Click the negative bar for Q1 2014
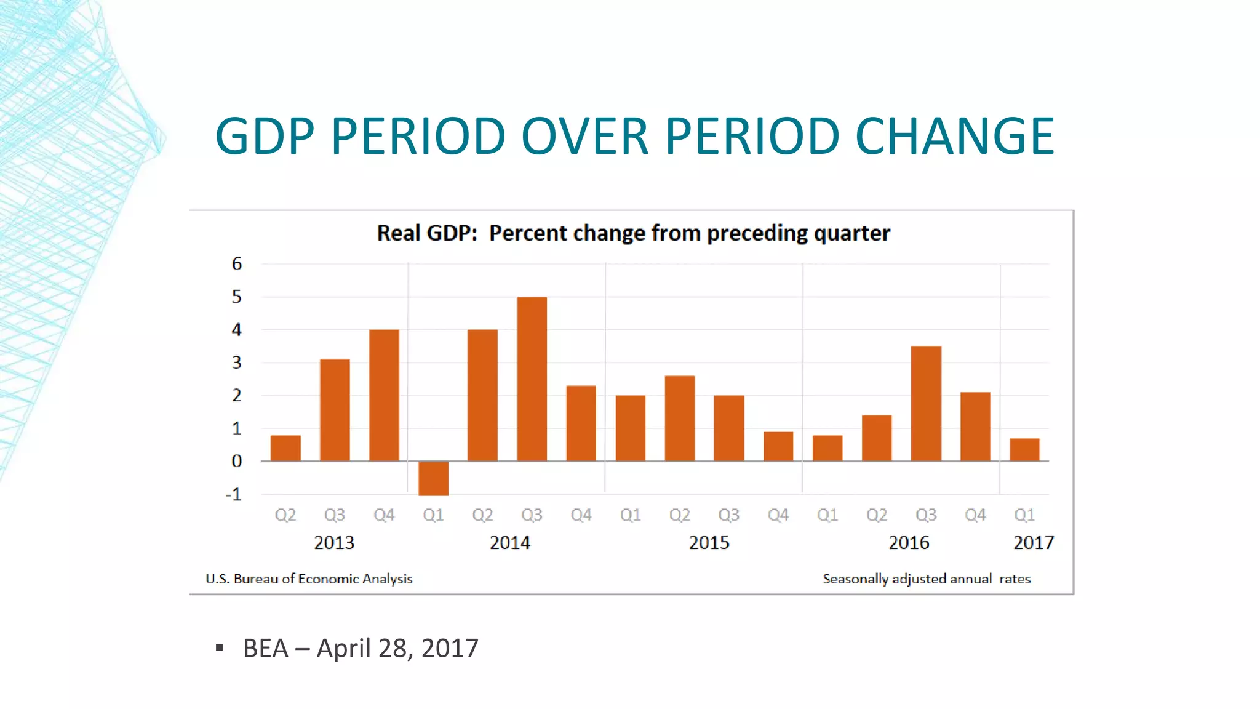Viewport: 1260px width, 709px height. tap(433, 478)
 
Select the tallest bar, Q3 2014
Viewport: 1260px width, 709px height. tap(532, 379)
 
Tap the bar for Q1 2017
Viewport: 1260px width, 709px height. tap(1024, 450)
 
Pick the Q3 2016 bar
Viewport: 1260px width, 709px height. tap(926, 404)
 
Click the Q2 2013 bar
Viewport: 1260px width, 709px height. tap(285, 448)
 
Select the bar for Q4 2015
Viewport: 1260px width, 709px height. tap(778, 446)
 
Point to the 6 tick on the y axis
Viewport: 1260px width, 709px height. tap(237, 264)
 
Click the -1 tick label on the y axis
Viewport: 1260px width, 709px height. tap(234, 494)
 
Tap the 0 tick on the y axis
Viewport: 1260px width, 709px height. tap(237, 461)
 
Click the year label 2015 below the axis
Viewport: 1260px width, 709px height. tap(709, 543)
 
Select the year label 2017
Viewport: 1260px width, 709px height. tap(1033, 543)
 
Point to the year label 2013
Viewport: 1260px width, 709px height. tap(334, 543)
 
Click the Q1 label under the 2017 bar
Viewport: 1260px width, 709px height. tap(1024, 515)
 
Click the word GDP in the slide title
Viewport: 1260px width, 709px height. tap(265, 136)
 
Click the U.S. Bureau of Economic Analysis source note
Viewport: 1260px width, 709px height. tap(309, 579)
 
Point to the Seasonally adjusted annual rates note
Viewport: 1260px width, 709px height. tap(926, 579)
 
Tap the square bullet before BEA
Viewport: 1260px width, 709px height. tap(220, 647)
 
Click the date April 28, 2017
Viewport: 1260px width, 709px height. tap(397, 648)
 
